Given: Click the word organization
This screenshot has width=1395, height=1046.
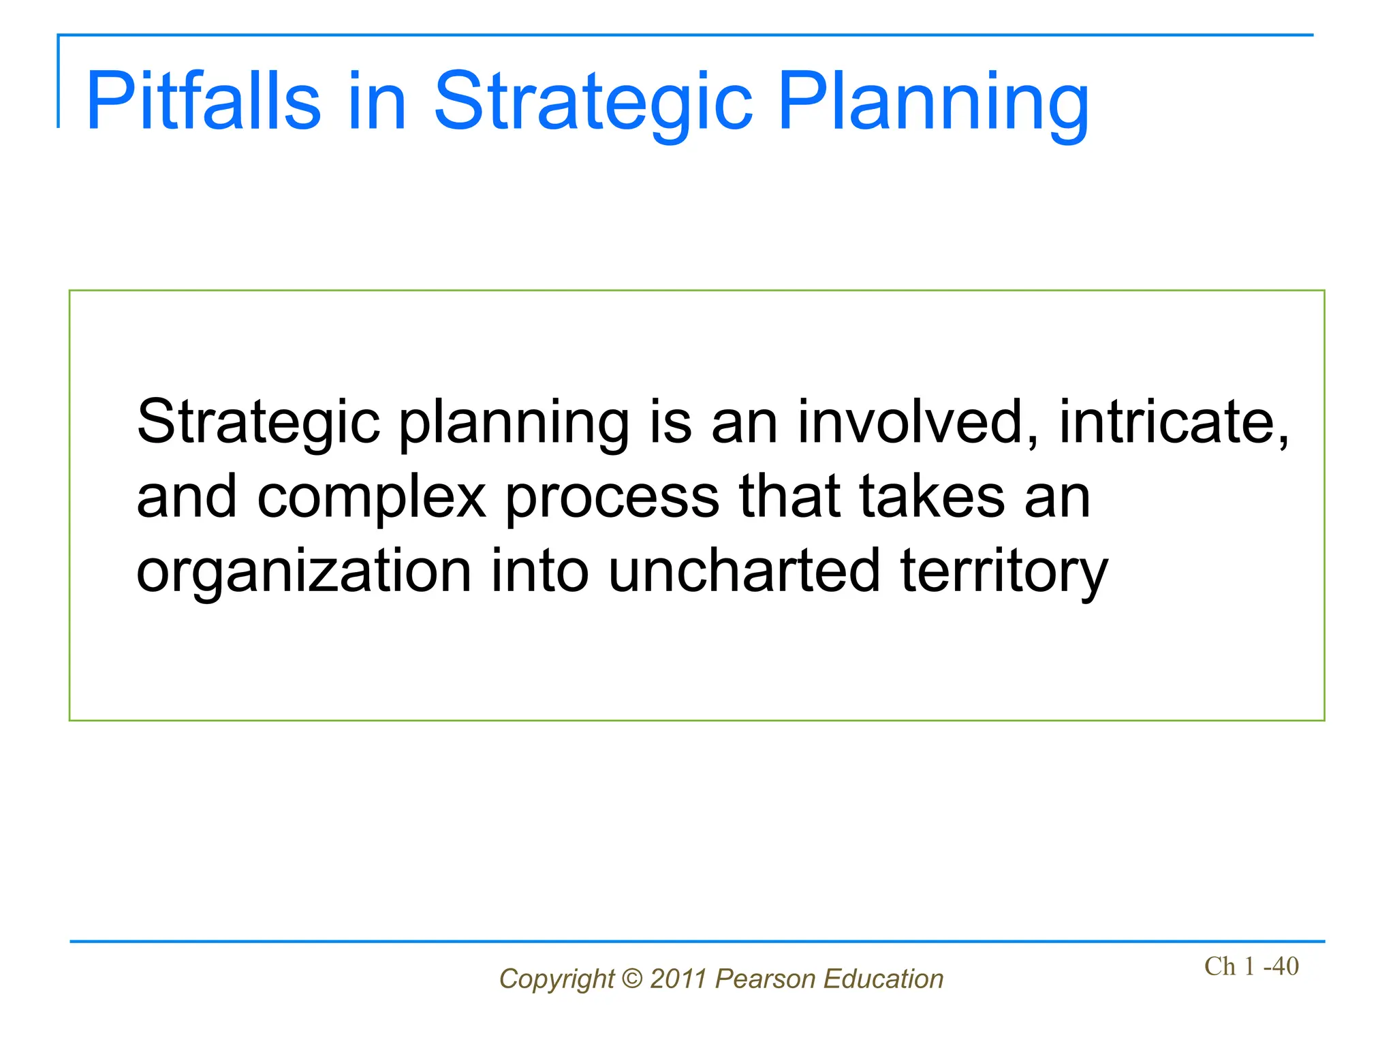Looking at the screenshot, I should point(304,572).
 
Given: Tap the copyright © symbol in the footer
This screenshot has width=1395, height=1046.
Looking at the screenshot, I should point(632,979).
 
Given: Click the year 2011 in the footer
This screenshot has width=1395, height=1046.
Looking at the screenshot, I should point(678,979).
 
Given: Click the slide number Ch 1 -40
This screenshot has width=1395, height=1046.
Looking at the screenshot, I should point(1251,966).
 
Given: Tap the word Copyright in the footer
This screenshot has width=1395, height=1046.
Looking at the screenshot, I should point(557,979).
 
